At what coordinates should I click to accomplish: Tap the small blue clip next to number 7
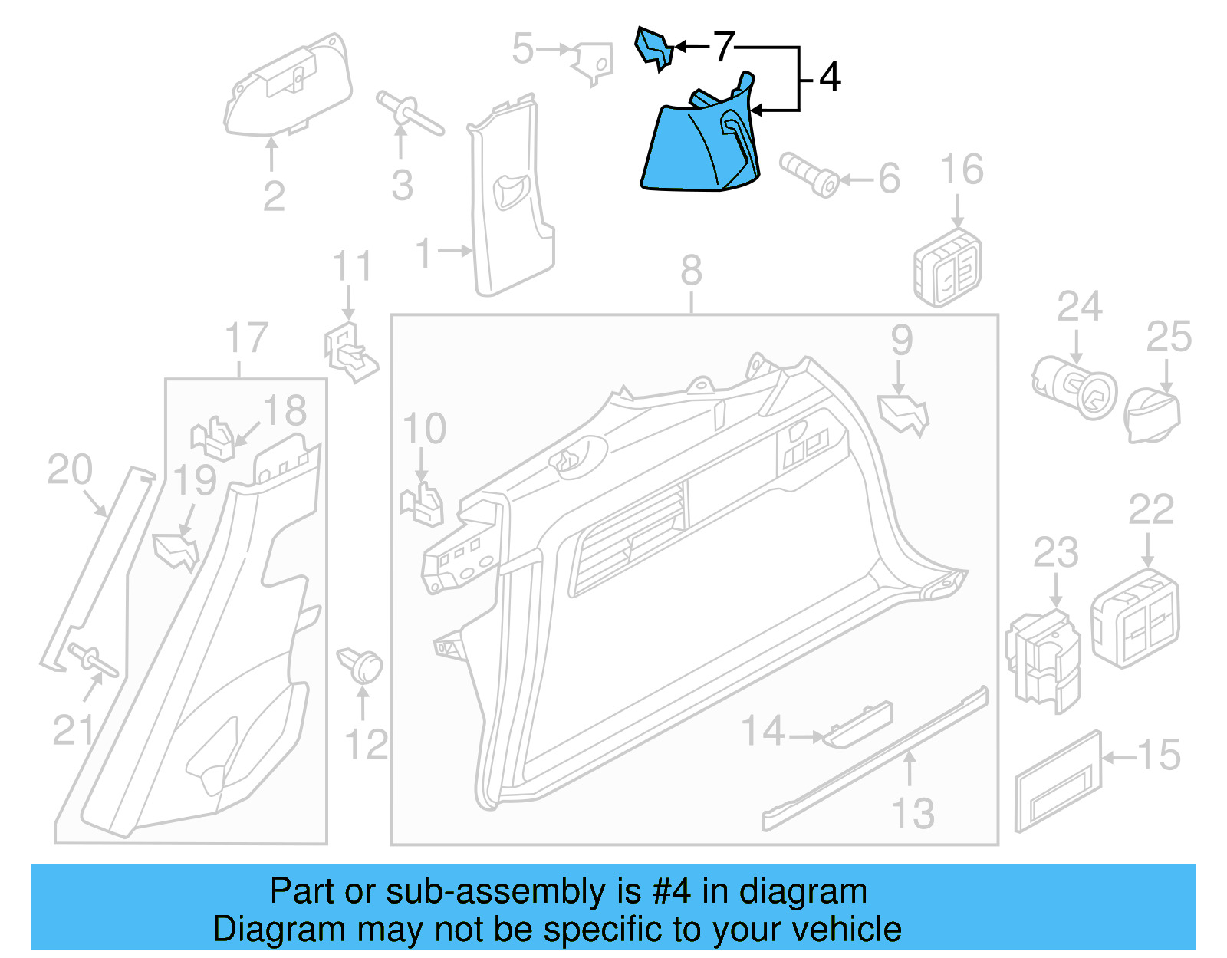click(x=653, y=48)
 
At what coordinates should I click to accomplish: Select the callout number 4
click(x=830, y=77)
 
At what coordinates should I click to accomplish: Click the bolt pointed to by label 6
click(x=808, y=176)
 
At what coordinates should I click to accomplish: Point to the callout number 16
click(x=962, y=170)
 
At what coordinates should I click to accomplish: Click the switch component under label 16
click(x=948, y=267)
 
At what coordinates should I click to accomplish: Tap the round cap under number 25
click(x=1152, y=415)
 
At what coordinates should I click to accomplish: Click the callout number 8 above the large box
click(x=691, y=271)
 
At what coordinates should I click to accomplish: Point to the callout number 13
click(x=913, y=814)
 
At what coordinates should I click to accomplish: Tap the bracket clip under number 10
click(x=423, y=504)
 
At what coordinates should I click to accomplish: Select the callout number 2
click(x=274, y=196)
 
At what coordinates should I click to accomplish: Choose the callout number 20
click(x=70, y=469)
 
